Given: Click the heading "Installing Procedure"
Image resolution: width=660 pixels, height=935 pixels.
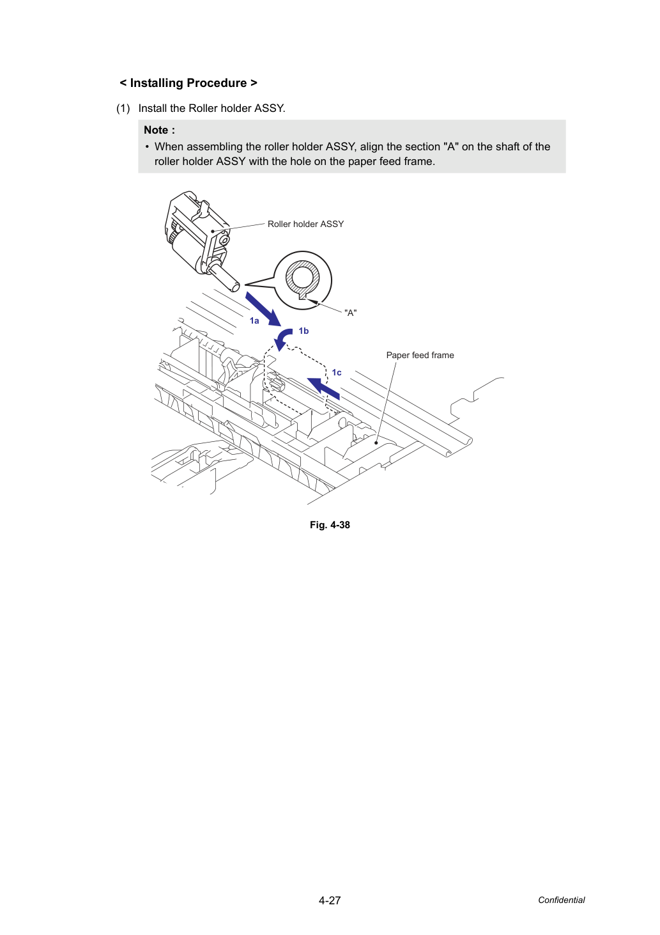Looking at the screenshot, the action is point(188,83).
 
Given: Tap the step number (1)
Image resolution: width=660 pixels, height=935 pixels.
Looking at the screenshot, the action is point(123,109).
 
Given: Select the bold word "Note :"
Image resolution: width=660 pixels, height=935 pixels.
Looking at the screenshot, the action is point(159,130).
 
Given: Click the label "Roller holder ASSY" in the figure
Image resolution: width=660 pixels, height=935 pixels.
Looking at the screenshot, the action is point(305,224).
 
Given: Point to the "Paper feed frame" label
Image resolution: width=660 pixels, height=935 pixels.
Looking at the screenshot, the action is point(420,355).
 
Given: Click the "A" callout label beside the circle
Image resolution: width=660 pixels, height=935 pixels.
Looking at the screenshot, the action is point(350,313).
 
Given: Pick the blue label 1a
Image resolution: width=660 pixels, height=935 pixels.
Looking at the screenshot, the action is point(254,320).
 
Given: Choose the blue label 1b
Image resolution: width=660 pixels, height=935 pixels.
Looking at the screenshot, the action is point(303,331).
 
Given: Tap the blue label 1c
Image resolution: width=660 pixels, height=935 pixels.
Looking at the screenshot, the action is point(337,372).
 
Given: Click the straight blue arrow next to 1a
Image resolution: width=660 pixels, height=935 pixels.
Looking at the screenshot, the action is point(263,309).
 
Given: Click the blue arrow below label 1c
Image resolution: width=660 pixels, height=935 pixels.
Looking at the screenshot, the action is point(324,388).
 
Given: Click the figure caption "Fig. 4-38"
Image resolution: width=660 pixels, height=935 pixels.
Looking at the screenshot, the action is point(330,525).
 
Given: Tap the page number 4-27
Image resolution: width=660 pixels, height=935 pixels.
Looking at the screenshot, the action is point(330,900).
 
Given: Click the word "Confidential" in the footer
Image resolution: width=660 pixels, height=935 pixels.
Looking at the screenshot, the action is point(561,900).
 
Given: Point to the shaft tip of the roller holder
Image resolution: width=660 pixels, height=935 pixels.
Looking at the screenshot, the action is point(236,287).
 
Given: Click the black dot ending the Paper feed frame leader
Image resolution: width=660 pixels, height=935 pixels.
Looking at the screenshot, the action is point(376,443).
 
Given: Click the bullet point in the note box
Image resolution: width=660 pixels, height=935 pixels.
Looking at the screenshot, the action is point(147,147).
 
